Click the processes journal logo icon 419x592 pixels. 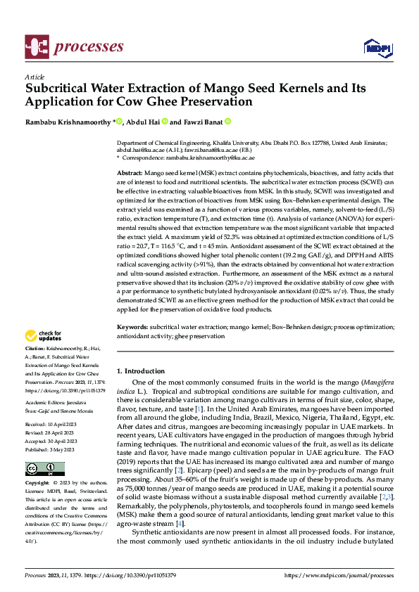(x=37, y=47)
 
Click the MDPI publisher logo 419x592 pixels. (x=377, y=48)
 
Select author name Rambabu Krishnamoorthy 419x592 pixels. (x=67, y=122)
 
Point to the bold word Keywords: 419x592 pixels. (x=132, y=327)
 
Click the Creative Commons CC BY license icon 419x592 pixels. (x=41, y=470)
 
